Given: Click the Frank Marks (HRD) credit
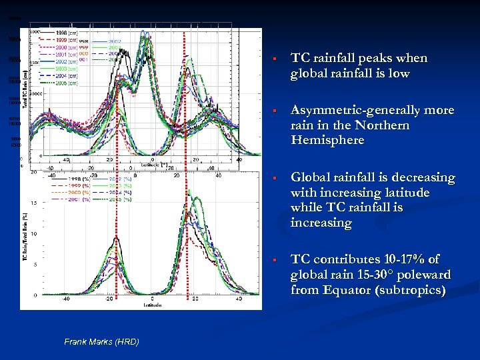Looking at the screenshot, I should click(101, 342).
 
